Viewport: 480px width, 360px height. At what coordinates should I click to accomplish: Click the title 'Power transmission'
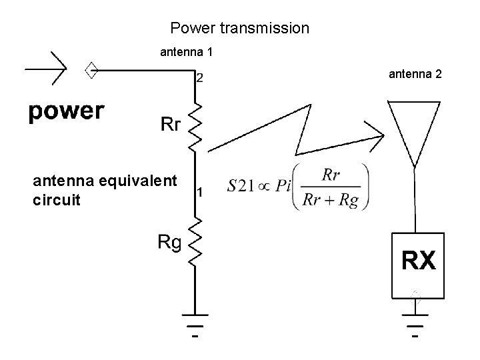[239, 28]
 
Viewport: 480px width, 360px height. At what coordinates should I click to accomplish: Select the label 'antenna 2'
[415, 73]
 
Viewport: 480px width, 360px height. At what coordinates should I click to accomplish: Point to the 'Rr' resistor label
[169, 124]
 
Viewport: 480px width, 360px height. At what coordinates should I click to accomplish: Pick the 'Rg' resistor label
[169, 242]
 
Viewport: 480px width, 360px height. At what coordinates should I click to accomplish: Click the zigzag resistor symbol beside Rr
[196, 126]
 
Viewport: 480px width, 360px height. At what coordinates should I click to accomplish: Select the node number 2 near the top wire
[199, 78]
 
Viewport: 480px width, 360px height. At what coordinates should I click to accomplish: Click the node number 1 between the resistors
[199, 193]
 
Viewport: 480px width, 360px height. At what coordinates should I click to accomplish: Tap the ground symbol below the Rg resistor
[195, 327]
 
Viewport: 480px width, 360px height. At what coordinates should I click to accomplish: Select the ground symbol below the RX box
[414, 327]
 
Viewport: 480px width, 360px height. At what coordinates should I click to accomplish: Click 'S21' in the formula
[241, 187]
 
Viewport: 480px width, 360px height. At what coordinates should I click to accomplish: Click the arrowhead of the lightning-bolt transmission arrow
[378, 138]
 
